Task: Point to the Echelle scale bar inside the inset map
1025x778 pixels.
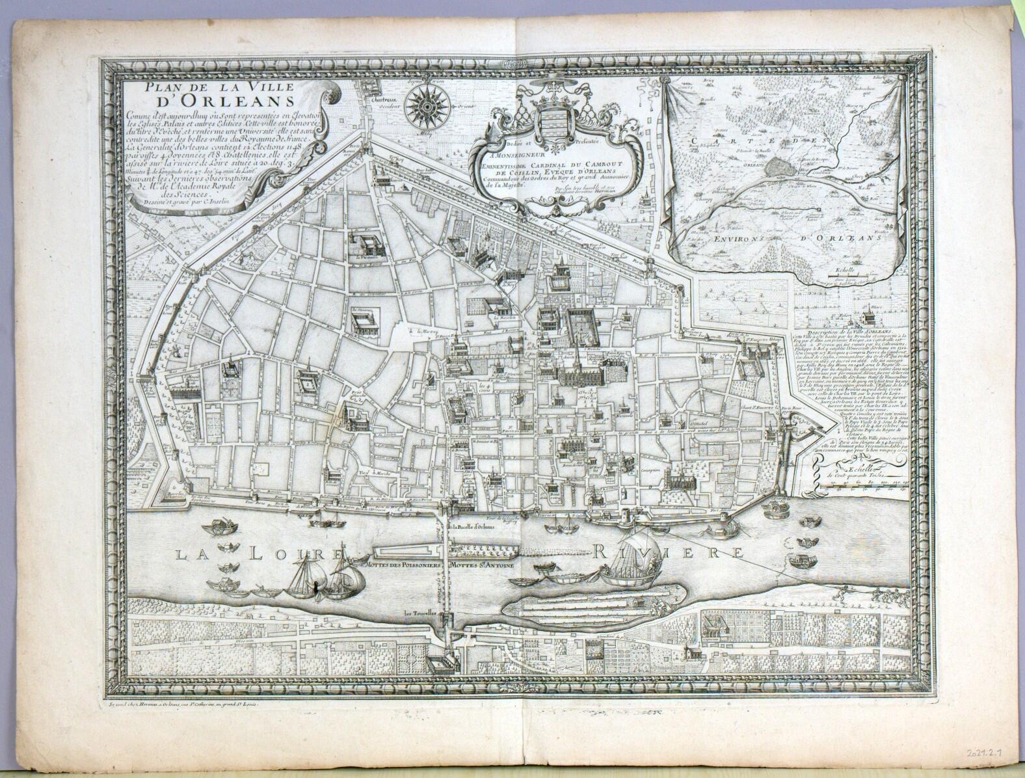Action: [845, 280]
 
